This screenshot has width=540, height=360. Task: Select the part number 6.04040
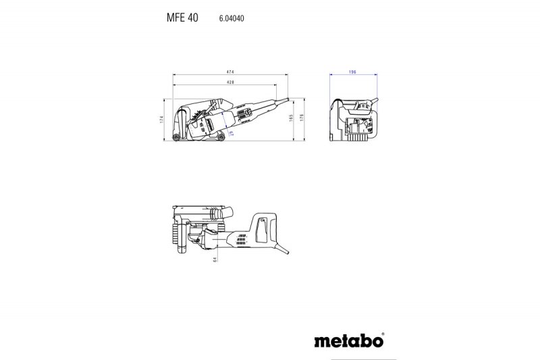231,19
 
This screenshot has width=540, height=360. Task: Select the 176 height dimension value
302,119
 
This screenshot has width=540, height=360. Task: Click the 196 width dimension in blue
352,70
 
